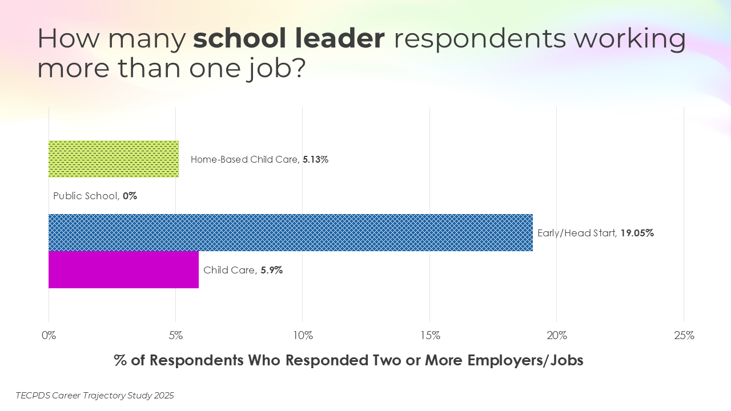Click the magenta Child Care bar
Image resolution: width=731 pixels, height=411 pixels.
[123, 269]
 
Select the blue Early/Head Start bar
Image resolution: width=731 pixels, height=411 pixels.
[290, 232]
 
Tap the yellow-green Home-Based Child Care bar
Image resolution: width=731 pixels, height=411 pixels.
[114, 159]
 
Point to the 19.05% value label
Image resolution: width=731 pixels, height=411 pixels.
[637, 233]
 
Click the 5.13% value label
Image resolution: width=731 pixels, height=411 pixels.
[315, 160]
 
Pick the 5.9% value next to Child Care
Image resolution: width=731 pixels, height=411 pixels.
[271, 270]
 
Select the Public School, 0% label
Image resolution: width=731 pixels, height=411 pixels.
[95, 196]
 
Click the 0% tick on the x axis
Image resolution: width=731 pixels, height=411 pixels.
[49, 336]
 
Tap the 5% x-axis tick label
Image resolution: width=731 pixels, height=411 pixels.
[176, 336]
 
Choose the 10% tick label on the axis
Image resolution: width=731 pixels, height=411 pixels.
[303, 336]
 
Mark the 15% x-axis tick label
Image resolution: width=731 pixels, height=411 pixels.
[429, 336]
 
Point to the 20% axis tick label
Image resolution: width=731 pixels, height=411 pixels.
[557, 336]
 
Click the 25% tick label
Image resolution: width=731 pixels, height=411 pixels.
[684, 336]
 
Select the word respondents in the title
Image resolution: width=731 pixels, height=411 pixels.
[480, 39]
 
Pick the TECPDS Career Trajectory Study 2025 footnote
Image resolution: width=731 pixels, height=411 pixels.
[95, 395]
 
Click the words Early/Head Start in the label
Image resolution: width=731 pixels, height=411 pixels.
[576, 233]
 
